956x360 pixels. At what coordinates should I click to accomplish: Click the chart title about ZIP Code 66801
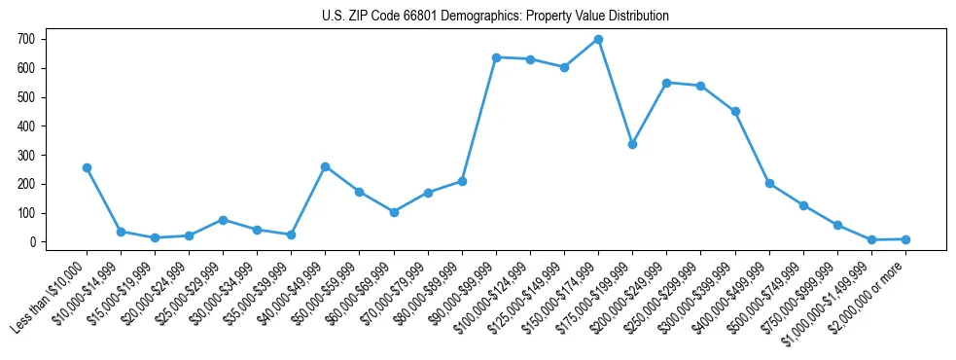pyautogui.click(x=495, y=17)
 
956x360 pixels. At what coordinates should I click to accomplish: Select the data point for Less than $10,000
pyautogui.click(x=87, y=167)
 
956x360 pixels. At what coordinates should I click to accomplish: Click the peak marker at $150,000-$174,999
pyautogui.click(x=598, y=40)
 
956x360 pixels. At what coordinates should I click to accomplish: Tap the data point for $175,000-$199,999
pyautogui.click(x=632, y=144)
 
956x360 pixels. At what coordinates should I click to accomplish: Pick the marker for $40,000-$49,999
pyautogui.click(x=325, y=166)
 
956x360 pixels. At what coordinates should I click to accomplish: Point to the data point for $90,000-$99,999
pyautogui.click(x=496, y=57)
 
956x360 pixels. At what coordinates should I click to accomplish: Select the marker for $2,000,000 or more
pyautogui.click(x=905, y=239)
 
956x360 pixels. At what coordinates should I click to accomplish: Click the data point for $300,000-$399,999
pyautogui.click(x=735, y=111)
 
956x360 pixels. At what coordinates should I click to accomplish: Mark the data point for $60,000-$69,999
pyautogui.click(x=394, y=212)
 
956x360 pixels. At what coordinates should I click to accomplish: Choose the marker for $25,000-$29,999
pyautogui.click(x=223, y=220)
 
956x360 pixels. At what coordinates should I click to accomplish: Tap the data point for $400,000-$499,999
pyautogui.click(x=769, y=183)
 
